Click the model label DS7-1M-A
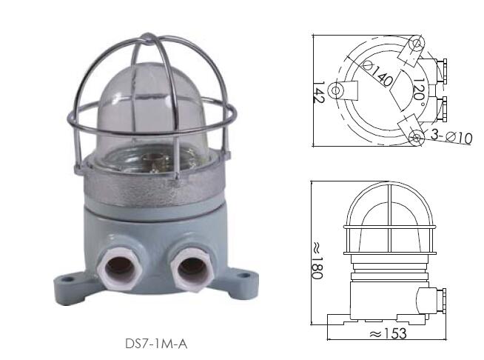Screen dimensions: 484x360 coord(156,344)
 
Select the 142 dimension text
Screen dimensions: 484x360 coord(319,93)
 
